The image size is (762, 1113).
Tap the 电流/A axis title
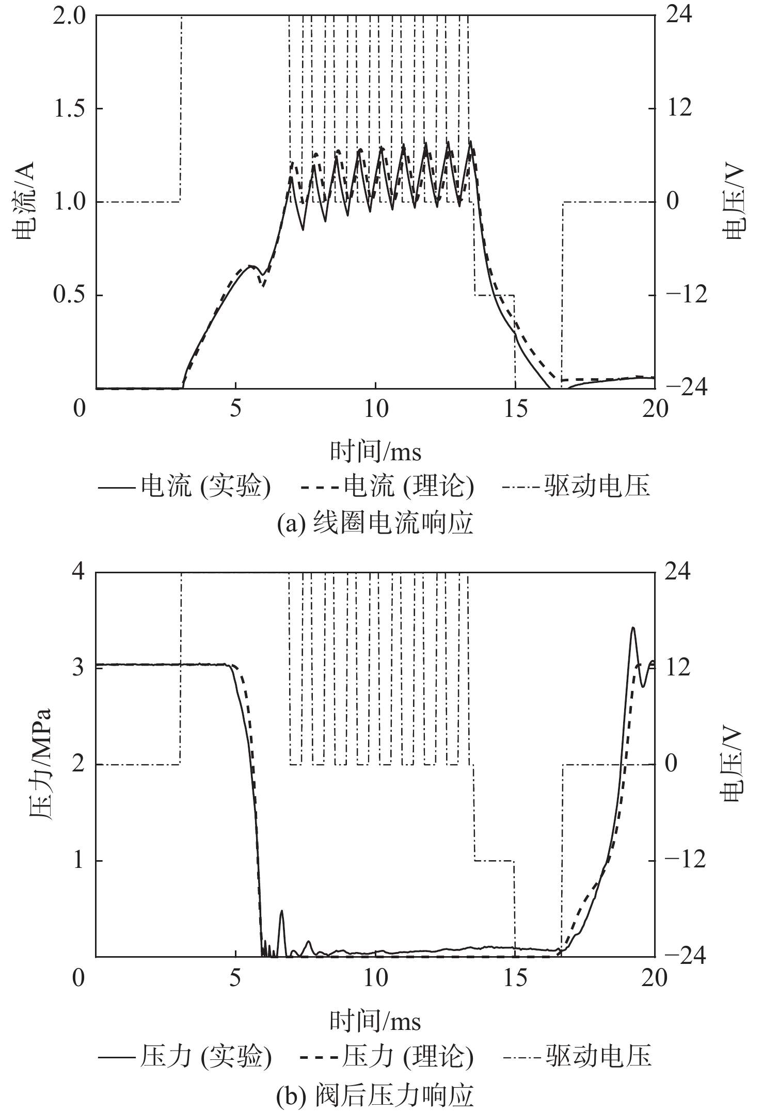point(24,201)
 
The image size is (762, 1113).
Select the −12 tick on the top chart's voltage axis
point(687,296)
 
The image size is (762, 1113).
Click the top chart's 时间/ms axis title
point(375,452)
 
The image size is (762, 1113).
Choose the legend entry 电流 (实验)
point(184,487)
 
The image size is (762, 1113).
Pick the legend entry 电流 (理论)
point(387,487)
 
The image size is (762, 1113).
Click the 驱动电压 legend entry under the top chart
point(576,487)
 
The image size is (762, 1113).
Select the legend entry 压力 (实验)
point(184,1056)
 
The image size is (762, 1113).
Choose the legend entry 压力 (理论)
point(387,1056)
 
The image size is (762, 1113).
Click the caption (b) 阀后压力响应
point(375,1093)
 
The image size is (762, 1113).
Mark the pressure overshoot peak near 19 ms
point(633,628)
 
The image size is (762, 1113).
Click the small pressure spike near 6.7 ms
point(282,911)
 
